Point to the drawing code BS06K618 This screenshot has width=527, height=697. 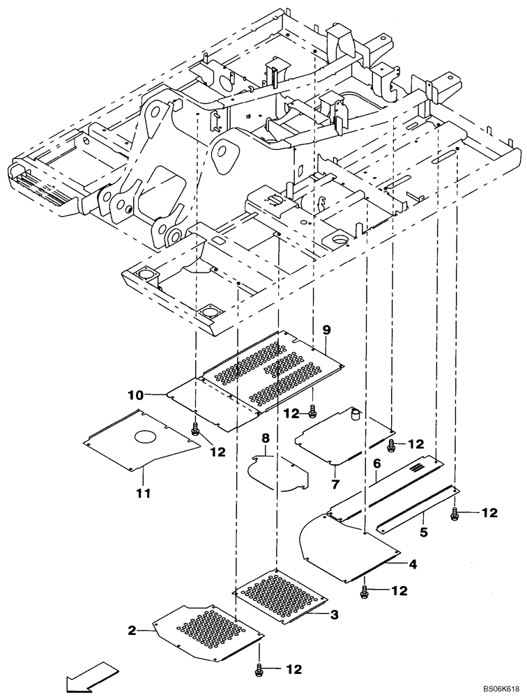(498, 687)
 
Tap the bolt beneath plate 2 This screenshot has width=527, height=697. (260, 670)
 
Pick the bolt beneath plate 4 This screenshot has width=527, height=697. (365, 592)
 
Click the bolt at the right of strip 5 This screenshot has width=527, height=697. (455, 514)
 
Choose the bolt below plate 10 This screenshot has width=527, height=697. (195, 431)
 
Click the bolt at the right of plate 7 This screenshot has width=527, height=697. (392, 444)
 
